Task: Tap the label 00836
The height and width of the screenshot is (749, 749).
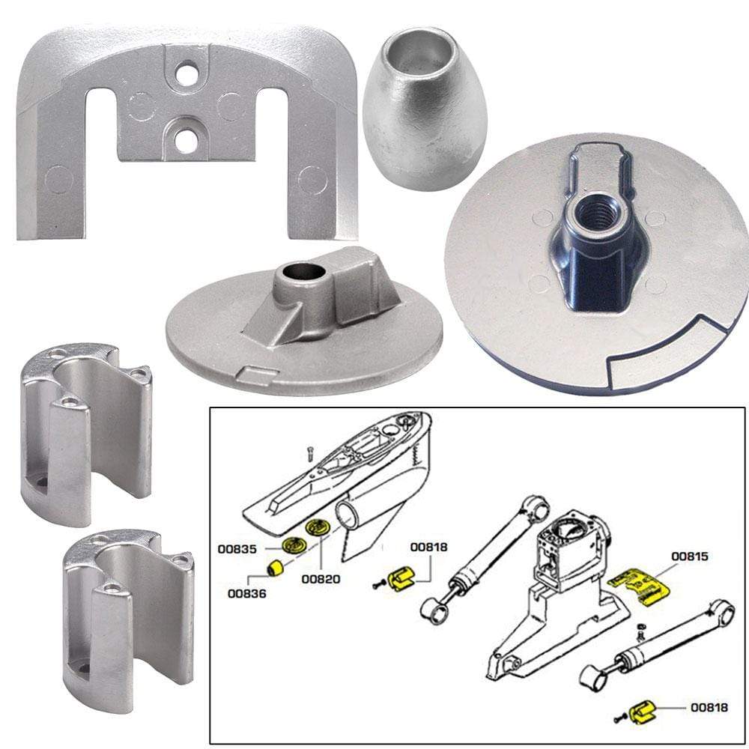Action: click(x=246, y=594)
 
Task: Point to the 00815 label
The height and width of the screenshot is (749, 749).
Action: click(x=690, y=557)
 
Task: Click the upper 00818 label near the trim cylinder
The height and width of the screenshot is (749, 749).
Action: click(x=428, y=548)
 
